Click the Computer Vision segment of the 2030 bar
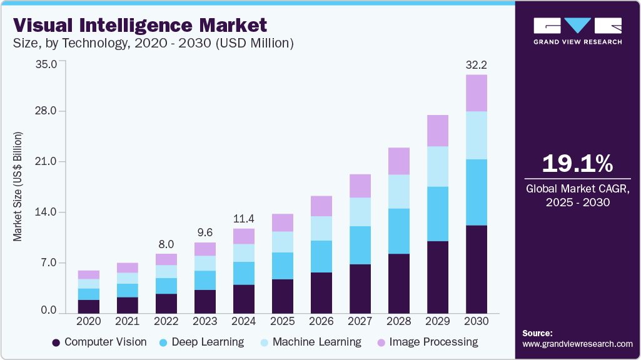click(x=477, y=269)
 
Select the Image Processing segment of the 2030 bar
click(x=477, y=92)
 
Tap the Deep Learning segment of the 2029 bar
click(x=438, y=214)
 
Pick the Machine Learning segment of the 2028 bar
click(x=399, y=191)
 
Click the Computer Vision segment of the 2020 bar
click(x=89, y=306)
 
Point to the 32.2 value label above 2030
click(x=477, y=64)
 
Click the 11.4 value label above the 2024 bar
click(x=244, y=219)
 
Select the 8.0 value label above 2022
click(x=166, y=244)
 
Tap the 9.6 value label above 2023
click(x=205, y=232)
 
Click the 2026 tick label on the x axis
click(x=321, y=321)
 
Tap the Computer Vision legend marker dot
click(x=56, y=342)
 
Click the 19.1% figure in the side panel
click(x=577, y=164)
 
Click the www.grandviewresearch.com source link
click(x=577, y=344)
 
